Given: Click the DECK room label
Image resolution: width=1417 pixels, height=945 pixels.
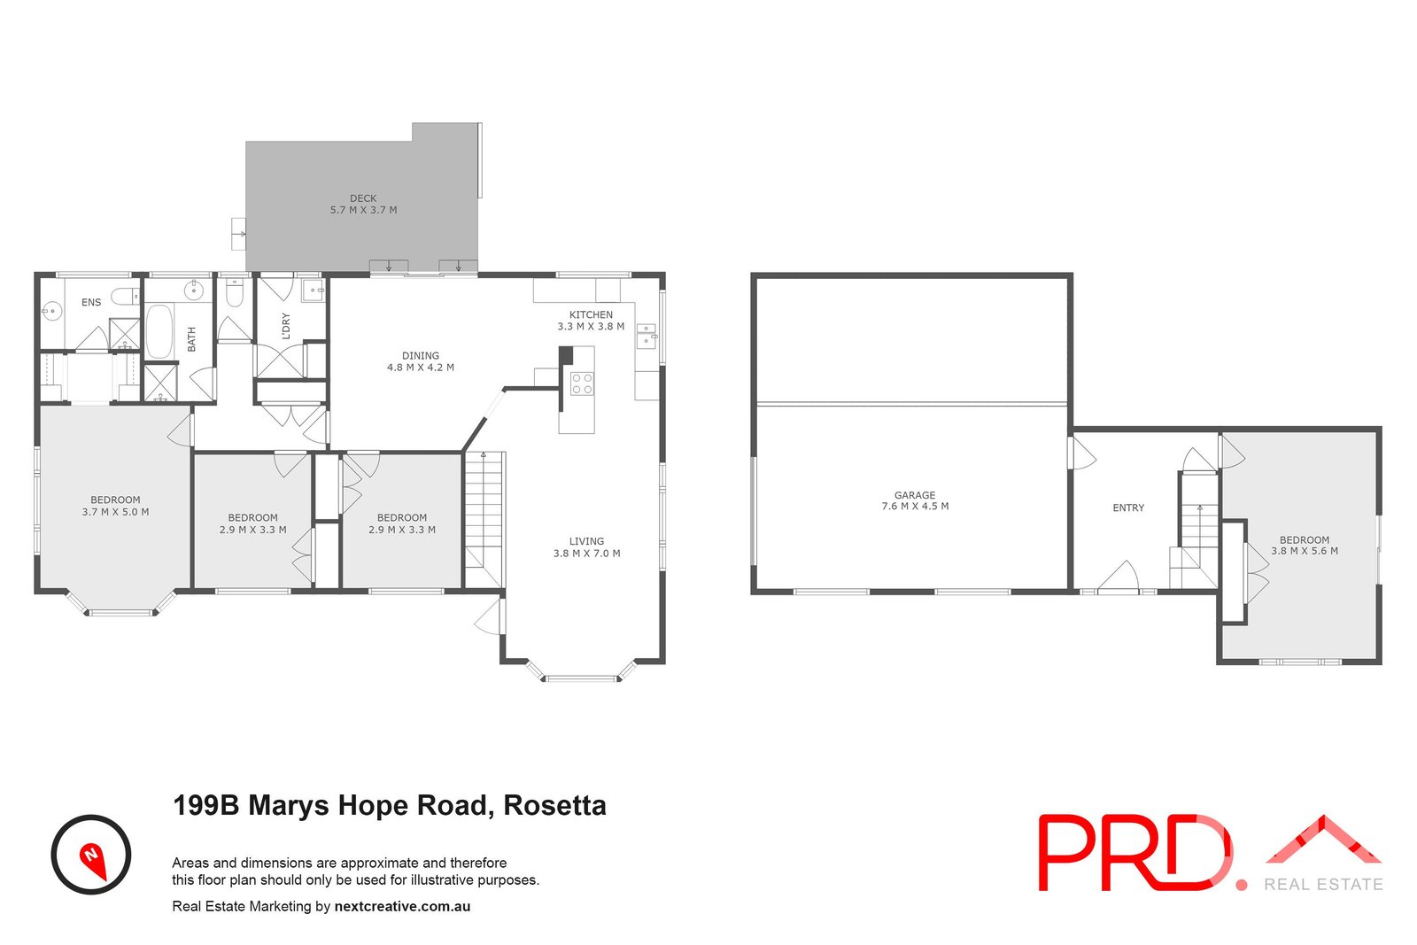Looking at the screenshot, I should [363, 205].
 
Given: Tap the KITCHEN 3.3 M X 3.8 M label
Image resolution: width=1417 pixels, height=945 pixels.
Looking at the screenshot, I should [591, 321].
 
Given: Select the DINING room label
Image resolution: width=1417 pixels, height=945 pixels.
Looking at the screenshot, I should [421, 361].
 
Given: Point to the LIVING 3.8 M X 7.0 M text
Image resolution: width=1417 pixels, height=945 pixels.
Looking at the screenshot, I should [586, 547].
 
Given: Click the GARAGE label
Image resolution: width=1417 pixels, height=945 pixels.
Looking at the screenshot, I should [915, 501].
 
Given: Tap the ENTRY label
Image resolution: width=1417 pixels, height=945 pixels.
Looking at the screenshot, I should [1128, 508].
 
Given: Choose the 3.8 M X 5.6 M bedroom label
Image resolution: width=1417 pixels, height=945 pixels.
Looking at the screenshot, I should [1305, 546].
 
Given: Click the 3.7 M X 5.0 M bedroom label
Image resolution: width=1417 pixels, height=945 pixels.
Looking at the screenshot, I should [115, 506].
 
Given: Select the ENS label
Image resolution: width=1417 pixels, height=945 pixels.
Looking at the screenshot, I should [91, 303].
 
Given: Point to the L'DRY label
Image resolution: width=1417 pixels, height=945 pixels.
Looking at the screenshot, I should [285, 326].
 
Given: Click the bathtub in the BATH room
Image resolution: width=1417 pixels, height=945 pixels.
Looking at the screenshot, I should [160, 331].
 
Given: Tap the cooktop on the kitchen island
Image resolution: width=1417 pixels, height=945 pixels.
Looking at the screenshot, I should [582, 384].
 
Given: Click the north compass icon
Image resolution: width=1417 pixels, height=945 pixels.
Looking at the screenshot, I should [91, 855].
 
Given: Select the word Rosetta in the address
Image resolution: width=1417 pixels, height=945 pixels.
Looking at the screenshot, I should [554, 806].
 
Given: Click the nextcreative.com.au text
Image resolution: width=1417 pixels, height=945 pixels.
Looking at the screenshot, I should [402, 907].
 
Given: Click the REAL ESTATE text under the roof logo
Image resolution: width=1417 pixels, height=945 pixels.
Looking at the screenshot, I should [1323, 884].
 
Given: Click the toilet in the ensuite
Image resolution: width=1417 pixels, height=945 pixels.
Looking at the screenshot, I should [125, 296].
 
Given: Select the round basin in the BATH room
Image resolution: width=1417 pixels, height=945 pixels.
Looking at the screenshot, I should [193, 290].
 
